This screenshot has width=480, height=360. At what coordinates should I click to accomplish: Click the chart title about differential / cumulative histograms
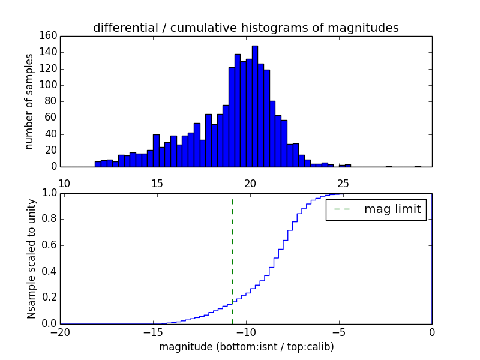click(246, 28)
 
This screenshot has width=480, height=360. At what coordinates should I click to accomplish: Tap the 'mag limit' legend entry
click(377, 210)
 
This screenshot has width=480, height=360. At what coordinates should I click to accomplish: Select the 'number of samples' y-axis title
click(29, 101)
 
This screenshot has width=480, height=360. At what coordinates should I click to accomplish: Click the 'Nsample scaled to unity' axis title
click(31, 258)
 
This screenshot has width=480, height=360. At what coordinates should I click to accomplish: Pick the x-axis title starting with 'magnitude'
click(246, 347)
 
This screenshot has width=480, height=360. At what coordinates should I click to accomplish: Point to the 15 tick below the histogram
click(157, 184)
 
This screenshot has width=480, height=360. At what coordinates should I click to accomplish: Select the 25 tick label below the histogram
click(343, 184)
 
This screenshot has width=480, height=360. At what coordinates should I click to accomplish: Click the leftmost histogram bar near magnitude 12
click(98, 164)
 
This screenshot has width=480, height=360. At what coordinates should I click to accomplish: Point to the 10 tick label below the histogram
click(65, 184)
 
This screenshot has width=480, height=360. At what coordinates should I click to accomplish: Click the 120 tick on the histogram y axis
click(49, 68)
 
